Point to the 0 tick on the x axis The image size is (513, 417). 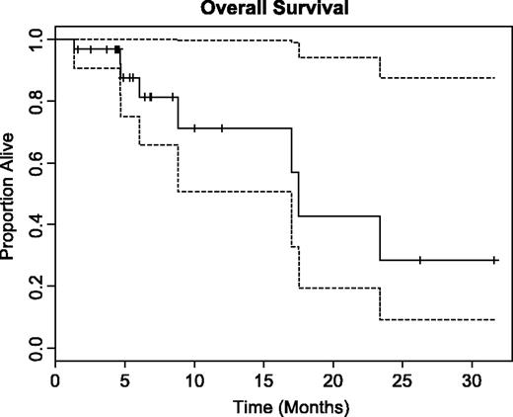click(x=56, y=380)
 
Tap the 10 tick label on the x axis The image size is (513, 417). click(x=194, y=380)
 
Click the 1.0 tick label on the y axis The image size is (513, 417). click(x=35, y=40)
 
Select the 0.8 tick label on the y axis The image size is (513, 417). click(x=35, y=101)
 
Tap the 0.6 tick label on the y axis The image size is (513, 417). click(x=35, y=163)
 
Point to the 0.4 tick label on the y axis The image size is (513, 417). click(x=35, y=224)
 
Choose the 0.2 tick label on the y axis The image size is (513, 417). click(x=35, y=287)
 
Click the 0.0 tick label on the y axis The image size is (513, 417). click(x=35, y=348)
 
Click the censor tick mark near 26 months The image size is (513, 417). click(x=420, y=260)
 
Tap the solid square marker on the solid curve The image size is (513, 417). click(x=117, y=49)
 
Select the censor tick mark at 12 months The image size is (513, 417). click(x=222, y=128)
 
